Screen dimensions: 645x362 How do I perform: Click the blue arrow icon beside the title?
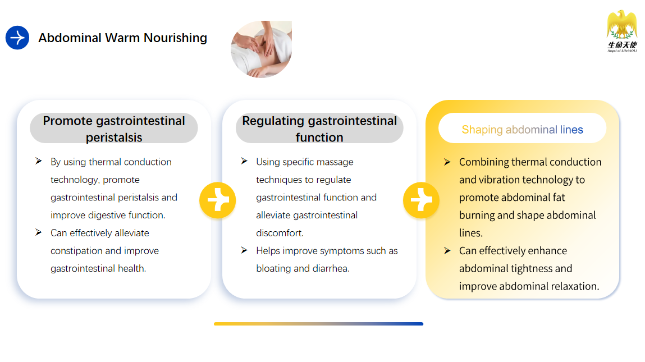click(17, 38)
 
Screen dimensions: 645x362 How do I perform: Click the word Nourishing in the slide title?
click(175, 38)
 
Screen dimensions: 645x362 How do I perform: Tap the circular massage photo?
click(261, 49)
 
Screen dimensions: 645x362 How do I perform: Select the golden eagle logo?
click(622, 31)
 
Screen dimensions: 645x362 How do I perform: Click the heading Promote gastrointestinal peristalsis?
click(114, 129)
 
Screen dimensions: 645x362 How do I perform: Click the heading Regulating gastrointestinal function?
click(319, 129)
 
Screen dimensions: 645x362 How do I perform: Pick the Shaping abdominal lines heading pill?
click(523, 129)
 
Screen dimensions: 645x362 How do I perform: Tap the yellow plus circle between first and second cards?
click(218, 200)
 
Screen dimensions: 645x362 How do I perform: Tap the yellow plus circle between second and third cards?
click(421, 200)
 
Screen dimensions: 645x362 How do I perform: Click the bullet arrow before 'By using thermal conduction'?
click(39, 161)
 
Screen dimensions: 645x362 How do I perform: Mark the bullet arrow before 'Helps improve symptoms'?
click(244, 250)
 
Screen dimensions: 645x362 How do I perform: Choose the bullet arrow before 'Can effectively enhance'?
click(447, 250)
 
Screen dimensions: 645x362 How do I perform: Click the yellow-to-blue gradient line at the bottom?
click(318, 324)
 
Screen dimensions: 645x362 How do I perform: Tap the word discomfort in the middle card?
click(280, 233)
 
